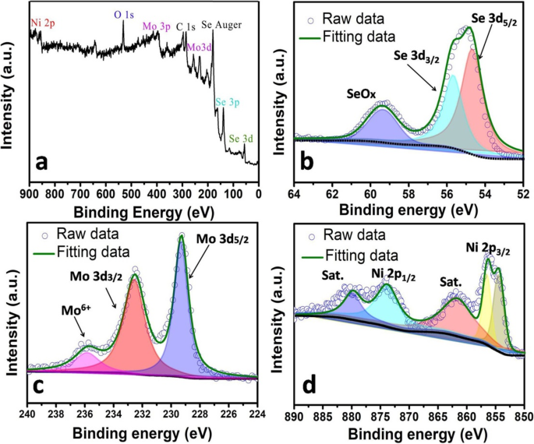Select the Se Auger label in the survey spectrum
[222, 25]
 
